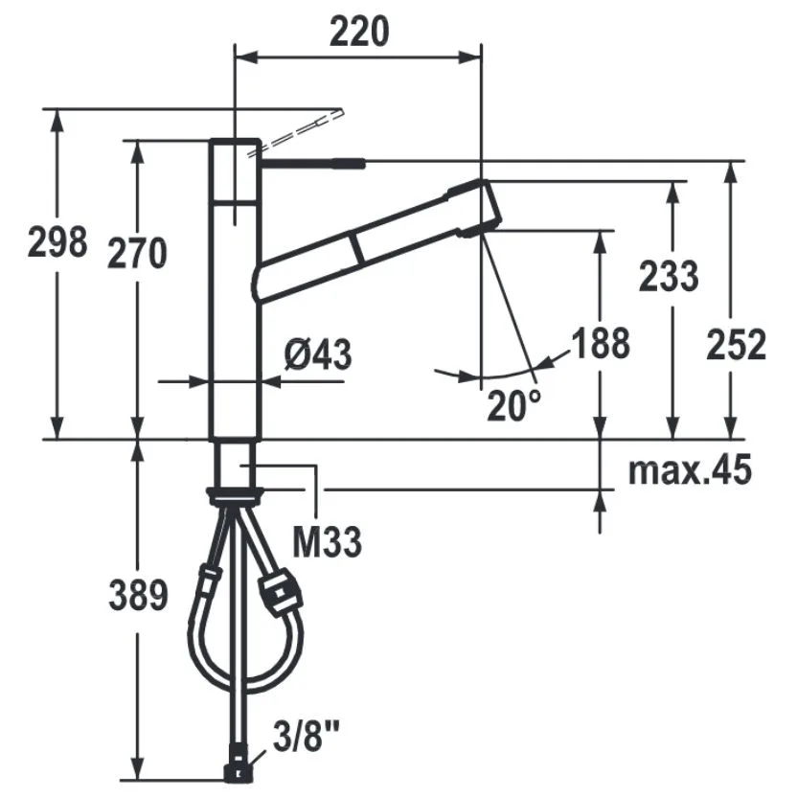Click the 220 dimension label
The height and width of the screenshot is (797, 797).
tap(359, 32)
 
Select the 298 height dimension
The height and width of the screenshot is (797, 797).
tap(57, 242)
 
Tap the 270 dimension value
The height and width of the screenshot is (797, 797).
tap(137, 253)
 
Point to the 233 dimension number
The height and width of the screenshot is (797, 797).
tap(669, 276)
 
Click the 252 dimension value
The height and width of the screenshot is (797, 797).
tap(736, 345)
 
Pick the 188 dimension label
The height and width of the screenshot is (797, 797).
tap(601, 343)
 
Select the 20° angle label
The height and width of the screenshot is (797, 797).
tap(513, 405)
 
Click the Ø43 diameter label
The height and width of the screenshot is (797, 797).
tap(318, 354)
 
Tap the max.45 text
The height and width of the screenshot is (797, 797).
tap(690, 469)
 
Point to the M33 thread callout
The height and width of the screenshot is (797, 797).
tap(328, 542)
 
